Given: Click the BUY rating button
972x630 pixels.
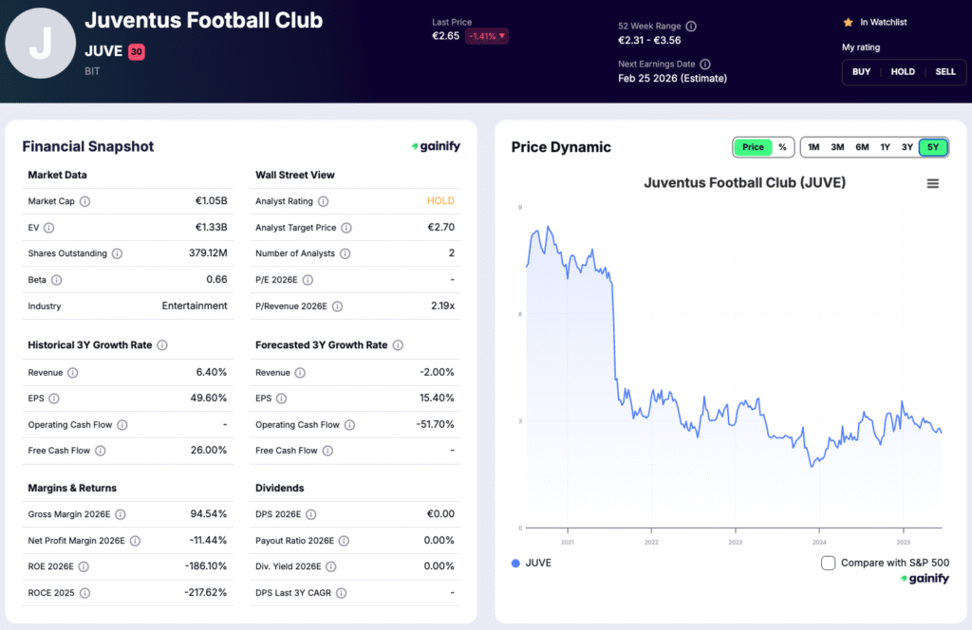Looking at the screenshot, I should tap(861, 72).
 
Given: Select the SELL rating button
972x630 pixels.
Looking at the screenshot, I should tap(944, 72).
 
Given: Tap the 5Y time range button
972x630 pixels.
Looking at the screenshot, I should tap(933, 147).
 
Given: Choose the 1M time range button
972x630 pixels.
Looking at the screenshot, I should tap(813, 147).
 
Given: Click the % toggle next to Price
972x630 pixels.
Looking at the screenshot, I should tap(782, 147).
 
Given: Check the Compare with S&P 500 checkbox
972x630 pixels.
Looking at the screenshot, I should tap(829, 563).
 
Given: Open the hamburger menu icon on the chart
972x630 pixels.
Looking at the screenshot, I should tap(932, 184).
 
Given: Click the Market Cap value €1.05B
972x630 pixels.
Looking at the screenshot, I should tap(211, 201).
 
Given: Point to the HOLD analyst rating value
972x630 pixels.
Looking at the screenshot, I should tap(440, 201).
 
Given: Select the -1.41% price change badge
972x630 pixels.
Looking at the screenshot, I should tap(486, 36).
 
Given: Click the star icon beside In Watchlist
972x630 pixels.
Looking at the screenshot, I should tap(848, 22).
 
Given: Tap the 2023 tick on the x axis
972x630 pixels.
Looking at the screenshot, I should tap(736, 543).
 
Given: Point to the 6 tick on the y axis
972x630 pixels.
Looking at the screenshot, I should tap(519, 314).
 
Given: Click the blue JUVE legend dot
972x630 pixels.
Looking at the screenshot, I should tap(515, 563).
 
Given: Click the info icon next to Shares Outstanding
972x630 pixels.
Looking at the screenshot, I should tap(117, 253).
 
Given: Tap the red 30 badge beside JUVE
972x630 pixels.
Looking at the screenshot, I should tap(136, 52).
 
